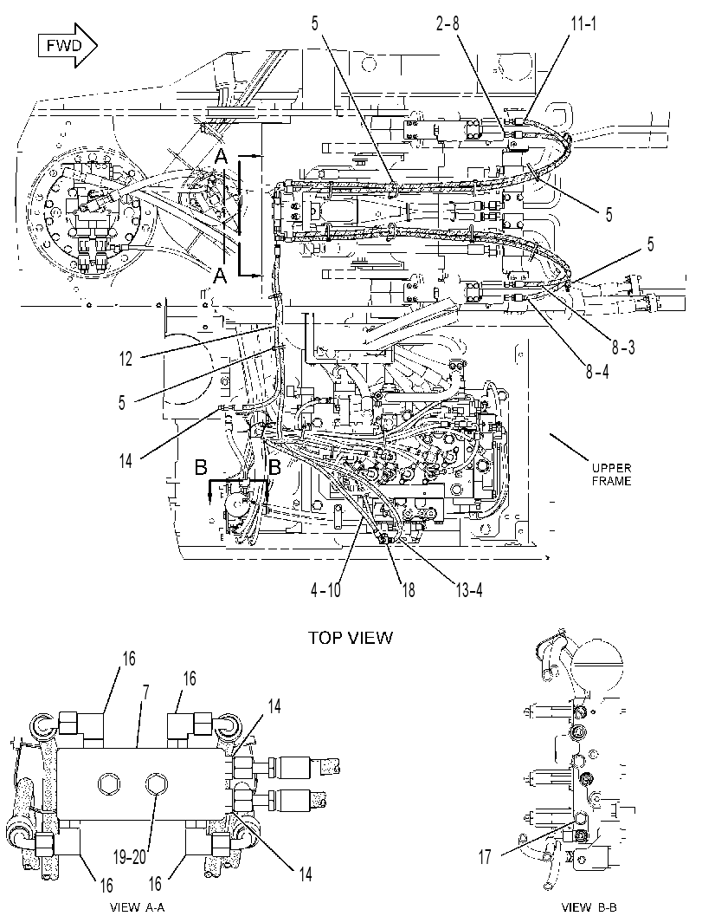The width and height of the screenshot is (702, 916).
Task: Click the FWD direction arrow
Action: (67, 46)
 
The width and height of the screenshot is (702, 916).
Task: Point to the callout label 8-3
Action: (623, 348)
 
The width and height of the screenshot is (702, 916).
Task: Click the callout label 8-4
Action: (597, 371)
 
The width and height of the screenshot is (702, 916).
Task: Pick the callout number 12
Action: (126, 359)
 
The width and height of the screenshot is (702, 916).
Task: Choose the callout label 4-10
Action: (325, 590)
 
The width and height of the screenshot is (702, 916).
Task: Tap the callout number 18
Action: (408, 590)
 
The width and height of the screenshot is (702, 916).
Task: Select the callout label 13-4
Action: (468, 590)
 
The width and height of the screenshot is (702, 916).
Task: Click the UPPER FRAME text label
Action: (612, 475)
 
